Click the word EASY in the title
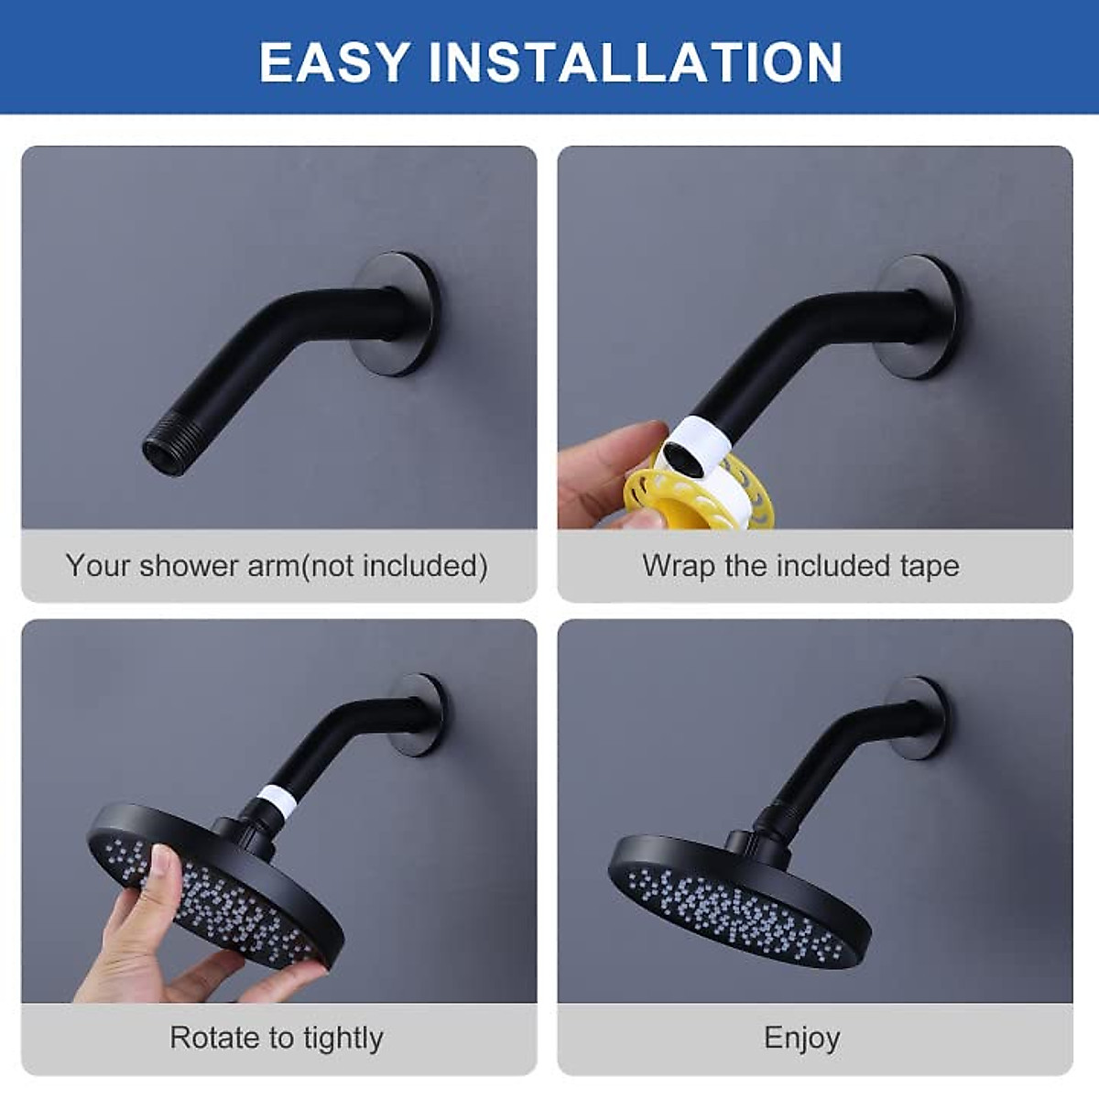(x=334, y=62)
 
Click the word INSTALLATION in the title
(x=636, y=62)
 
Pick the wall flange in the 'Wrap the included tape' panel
(x=920, y=316)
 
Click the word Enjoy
(x=802, y=1038)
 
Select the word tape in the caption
(x=930, y=567)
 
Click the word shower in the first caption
(x=190, y=565)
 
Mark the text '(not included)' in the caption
(x=395, y=565)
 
